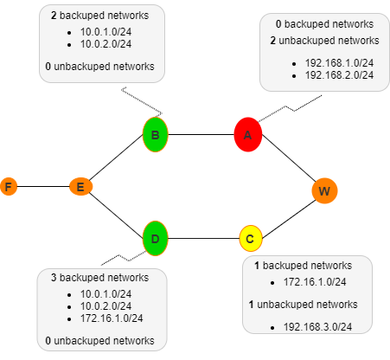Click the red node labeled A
pyautogui.click(x=247, y=134)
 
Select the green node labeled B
pyautogui.click(x=155, y=134)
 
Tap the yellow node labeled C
pyautogui.click(x=250, y=237)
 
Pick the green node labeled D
pyautogui.click(x=155, y=237)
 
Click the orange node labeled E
pyautogui.click(x=80, y=186)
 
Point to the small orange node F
pyautogui.click(x=9, y=186)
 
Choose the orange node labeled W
pyautogui.click(x=324, y=190)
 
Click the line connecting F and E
pyautogui.click(x=43, y=186)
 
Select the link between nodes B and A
pyautogui.click(x=201, y=134)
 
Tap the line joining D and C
pyautogui.click(x=203, y=237)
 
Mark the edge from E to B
pyautogui.click(x=118, y=160)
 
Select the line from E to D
pyautogui.click(x=118, y=211)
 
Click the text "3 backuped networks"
pyautogui.click(x=99, y=278)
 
